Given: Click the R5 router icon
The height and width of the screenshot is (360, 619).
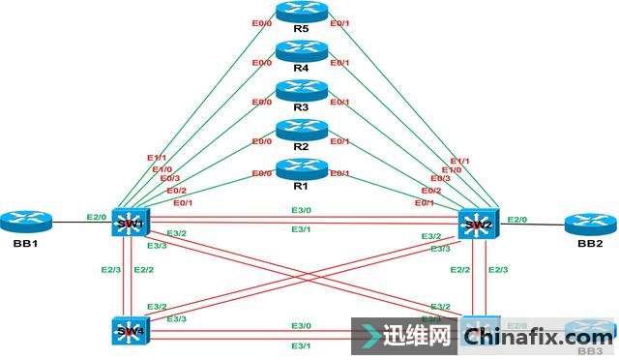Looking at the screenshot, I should [302, 12].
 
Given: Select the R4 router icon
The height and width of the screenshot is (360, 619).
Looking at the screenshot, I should [302, 51].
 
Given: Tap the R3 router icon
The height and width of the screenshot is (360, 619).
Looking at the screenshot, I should [302, 90].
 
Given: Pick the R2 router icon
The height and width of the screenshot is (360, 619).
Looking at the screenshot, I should [302, 129].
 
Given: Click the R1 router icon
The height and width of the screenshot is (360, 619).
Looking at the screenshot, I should [302, 167].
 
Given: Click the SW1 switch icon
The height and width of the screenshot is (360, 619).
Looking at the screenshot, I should [128, 223].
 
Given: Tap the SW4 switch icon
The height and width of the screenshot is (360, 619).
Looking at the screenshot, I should [128, 330].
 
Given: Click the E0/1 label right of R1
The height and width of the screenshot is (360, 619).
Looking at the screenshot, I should [339, 173].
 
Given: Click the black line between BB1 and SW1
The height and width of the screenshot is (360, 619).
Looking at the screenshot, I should [77, 224].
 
